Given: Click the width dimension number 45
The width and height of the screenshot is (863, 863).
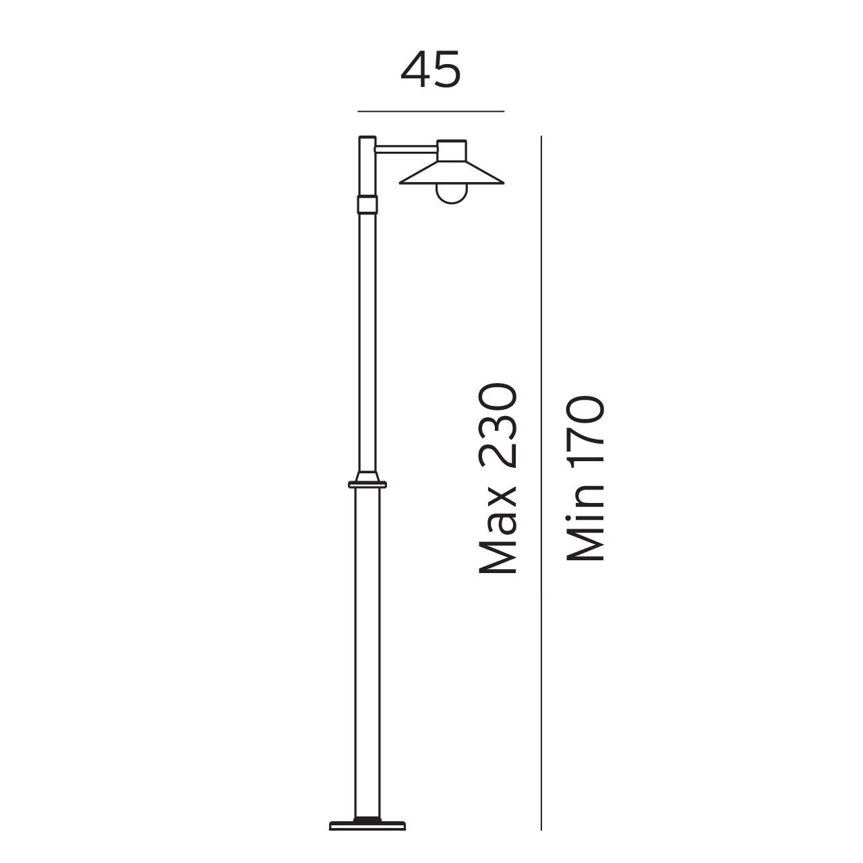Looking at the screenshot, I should [431, 69].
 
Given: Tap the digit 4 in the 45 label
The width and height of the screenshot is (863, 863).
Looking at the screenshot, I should [415, 69].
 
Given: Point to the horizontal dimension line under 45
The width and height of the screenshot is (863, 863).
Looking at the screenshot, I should [431, 111].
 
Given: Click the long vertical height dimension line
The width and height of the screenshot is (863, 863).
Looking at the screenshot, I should [541, 472].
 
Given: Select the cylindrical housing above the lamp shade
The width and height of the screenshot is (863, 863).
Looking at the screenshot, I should [451, 150].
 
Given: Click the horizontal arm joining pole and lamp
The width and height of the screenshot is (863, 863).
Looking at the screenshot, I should [405, 148].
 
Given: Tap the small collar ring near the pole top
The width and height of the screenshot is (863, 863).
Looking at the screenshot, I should [367, 204].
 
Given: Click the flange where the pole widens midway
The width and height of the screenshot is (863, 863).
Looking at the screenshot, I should [367, 483].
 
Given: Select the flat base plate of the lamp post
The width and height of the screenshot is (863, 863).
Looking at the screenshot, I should [368, 825].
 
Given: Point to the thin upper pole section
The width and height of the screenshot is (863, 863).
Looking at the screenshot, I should [367, 337].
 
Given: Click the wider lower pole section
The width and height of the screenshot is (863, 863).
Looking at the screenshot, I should [368, 641].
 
